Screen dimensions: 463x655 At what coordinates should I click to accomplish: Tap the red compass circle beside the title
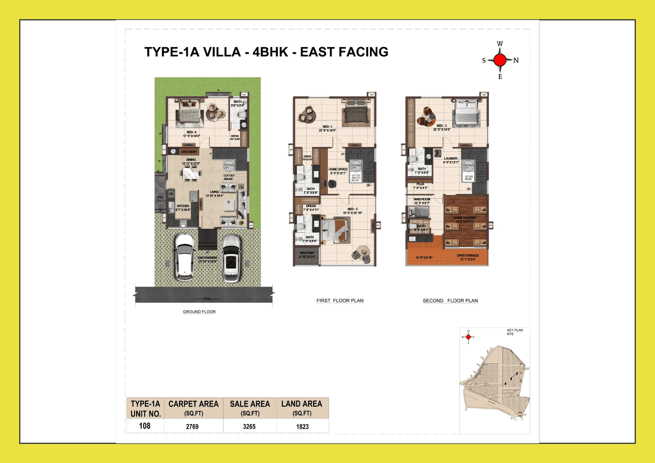click(500, 60)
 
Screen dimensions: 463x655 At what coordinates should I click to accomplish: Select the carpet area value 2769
click(193, 426)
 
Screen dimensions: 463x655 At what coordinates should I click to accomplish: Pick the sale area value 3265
click(250, 426)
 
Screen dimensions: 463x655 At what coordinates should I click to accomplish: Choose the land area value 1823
click(302, 426)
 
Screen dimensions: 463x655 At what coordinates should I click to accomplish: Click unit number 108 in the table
click(144, 426)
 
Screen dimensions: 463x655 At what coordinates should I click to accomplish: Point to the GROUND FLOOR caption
click(199, 312)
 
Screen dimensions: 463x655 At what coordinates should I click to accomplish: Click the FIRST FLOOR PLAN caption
click(340, 301)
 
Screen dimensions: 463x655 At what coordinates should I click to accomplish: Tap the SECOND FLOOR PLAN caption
click(450, 301)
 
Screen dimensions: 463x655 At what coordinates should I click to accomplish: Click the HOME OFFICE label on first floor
click(338, 169)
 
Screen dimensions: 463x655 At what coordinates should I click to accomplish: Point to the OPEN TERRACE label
click(468, 255)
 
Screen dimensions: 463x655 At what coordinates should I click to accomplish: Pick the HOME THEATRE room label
click(465, 217)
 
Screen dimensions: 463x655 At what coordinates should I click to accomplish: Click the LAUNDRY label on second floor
click(451, 159)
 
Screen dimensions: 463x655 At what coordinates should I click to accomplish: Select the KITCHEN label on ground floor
click(183, 206)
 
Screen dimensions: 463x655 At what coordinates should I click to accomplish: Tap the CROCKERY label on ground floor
click(189, 151)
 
